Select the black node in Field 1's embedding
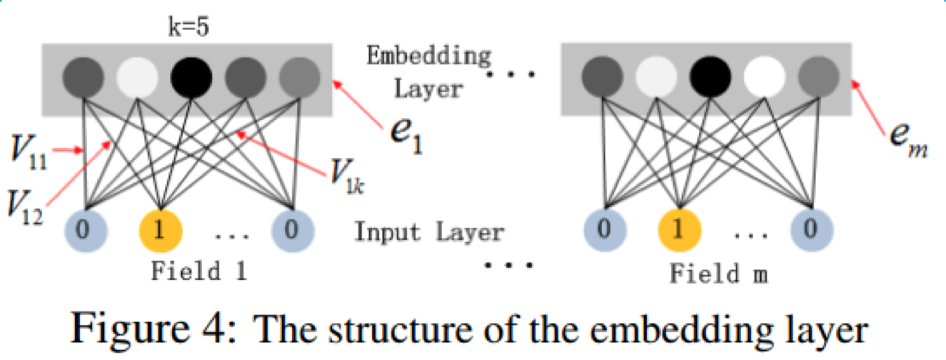click(187, 79)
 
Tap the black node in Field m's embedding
click(706, 79)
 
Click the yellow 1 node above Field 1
click(158, 229)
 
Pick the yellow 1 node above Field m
click(679, 229)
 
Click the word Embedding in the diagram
click(428, 58)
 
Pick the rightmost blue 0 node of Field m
click(811, 229)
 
